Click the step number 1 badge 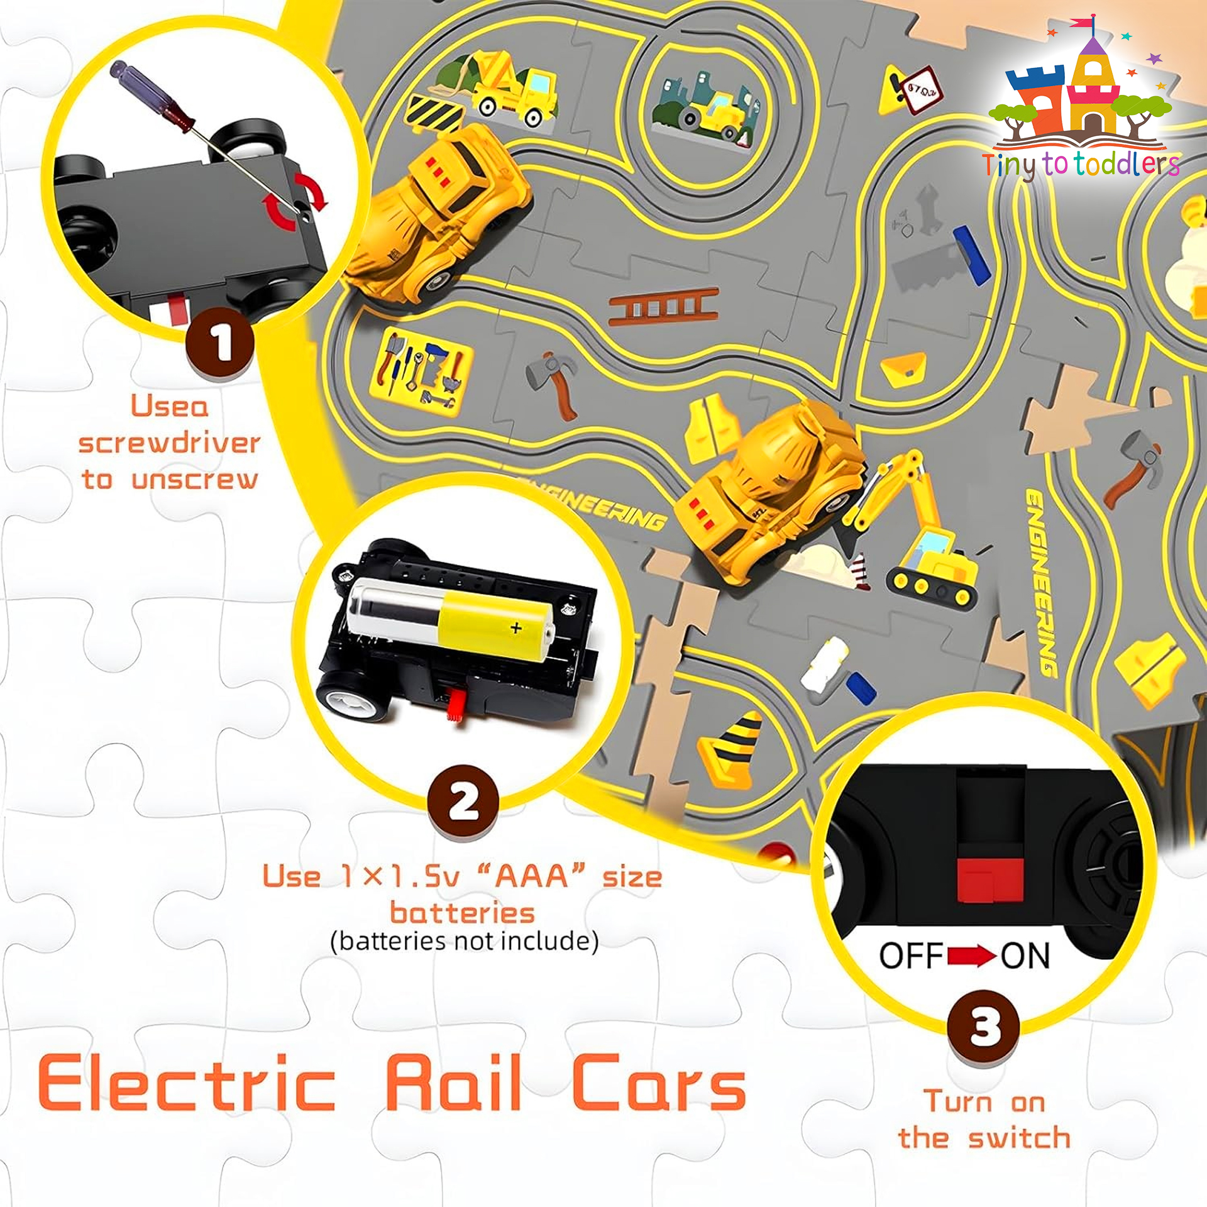tap(219, 343)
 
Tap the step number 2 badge tap(463, 801)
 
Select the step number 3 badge tap(984, 1027)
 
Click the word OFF tap(912, 956)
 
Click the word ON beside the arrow tap(1025, 956)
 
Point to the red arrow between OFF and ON tap(972, 957)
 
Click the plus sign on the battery tap(516, 627)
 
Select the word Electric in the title tap(187, 1084)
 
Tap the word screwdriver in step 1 tap(169, 443)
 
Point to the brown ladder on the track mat tap(664, 307)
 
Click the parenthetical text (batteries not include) tap(465, 941)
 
